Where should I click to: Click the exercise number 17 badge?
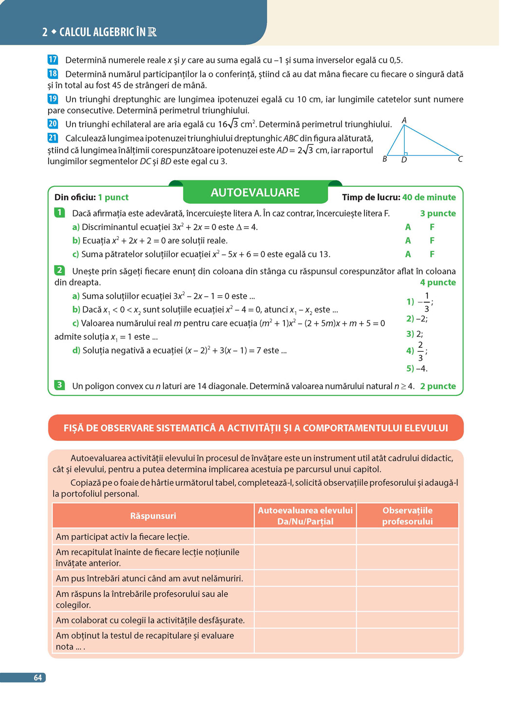click(53, 60)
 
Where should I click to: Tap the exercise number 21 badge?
click(53, 138)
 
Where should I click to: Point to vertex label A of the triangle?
click(404, 120)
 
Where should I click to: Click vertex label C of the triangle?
click(460, 159)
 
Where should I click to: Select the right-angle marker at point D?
click(406, 154)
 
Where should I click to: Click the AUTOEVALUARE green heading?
click(255, 192)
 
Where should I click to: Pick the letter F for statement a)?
click(432, 227)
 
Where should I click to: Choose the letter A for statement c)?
click(408, 254)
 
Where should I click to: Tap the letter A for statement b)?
click(408, 241)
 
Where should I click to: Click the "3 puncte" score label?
click(438, 213)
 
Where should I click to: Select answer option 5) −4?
click(417, 368)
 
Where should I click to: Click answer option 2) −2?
click(417, 319)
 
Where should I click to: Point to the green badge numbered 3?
click(59, 385)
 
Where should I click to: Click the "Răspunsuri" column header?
click(153, 516)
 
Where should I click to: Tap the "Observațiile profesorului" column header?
click(407, 516)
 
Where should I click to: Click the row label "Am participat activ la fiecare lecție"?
click(123, 537)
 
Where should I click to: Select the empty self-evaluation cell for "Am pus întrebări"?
click(305, 578)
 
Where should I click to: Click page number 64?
click(38, 678)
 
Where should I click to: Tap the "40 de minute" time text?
click(429, 197)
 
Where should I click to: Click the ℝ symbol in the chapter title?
click(152, 32)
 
